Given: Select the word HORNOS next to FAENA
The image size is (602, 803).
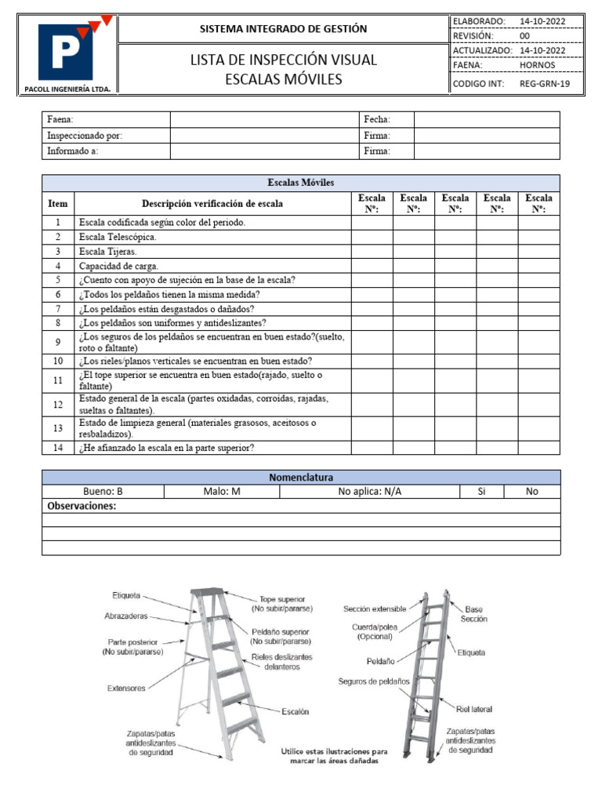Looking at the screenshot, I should pyautogui.click(x=537, y=65).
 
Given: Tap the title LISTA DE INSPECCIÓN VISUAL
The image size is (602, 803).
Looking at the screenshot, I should pyautogui.click(x=283, y=60).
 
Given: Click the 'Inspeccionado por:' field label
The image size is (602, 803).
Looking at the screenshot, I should pyautogui.click(x=85, y=136).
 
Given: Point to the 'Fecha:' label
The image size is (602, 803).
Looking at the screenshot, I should pyautogui.click(x=377, y=119).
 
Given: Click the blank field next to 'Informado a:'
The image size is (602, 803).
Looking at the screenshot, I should pyautogui.click(x=263, y=151).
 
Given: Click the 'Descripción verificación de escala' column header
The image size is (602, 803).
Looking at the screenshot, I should pyautogui.click(x=212, y=204).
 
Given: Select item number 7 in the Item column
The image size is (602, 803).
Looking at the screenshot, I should pyautogui.click(x=58, y=308).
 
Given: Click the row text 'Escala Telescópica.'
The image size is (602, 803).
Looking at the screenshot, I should pyautogui.click(x=118, y=237).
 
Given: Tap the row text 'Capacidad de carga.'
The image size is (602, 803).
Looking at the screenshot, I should pyautogui.click(x=118, y=266).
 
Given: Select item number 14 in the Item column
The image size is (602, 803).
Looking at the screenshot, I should pyautogui.click(x=58, y=448).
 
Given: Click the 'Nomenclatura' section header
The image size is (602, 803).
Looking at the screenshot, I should pyautogui.click(x=301, y=478).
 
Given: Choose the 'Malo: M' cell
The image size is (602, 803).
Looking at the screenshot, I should pyautogui.click(x=221, y=492).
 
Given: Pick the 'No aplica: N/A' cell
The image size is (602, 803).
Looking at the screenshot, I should pyautogui.click(x=368, y=492).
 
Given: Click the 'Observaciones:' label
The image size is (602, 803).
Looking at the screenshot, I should pyautogui.click(x=82, y=507).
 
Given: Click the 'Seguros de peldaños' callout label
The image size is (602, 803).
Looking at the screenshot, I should pyautogui.click(x=374, y=681).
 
